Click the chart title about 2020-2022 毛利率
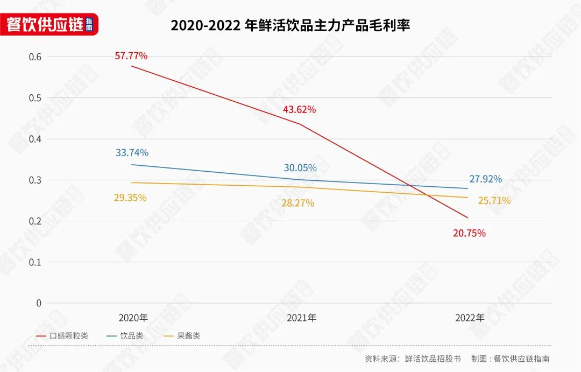pyautogui.click(x=290, y=25)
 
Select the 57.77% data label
pyautogui.click(x=131, y=56)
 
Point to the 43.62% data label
pyautogui.click(x=299, y=110)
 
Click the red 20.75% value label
pyautogui.click(x=469, y=233)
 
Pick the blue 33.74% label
pyautogui.click(x=132, y=153)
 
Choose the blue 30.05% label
pyautogui.click(x=300, y=168)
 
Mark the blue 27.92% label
pyautogui.click(x=485, y=179)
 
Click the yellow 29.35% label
pyautogui.click(x=130, y=198)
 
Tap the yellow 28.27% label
pyautogui.click(x=297, y=203)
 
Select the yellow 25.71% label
pyautogui.click(x=494, y=201)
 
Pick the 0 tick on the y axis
pyautogui.click(x=38, y=303)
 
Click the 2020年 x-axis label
pyautogui.click(x=133, y=318)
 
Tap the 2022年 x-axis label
pyautogui.click(x=470, y=318)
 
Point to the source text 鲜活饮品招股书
pyautogui.click(x=433, y=359)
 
